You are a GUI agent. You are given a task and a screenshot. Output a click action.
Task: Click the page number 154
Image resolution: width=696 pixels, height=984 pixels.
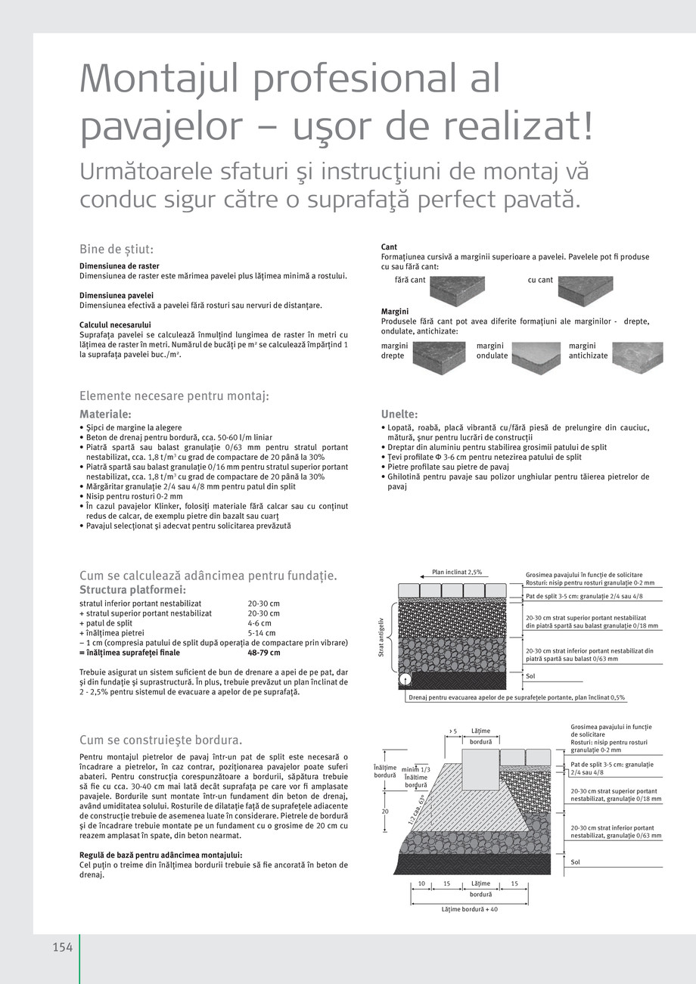[x=62, y=948]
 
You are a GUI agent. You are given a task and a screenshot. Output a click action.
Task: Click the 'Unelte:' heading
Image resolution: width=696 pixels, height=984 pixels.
[x=399, y=414]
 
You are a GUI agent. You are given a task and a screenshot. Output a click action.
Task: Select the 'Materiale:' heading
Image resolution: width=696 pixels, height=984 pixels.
[x=105, y=414]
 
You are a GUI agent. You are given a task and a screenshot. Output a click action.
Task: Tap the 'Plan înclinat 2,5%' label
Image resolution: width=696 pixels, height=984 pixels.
[x=457, y=572]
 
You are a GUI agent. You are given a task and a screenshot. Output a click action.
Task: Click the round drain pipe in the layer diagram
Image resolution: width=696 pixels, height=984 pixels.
[x=405, y=680]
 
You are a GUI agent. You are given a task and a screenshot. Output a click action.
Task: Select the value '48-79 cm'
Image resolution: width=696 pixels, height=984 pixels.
[x=263, y=653]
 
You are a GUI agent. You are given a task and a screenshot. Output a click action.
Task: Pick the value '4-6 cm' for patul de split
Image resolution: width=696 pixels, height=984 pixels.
[x=259, y=623]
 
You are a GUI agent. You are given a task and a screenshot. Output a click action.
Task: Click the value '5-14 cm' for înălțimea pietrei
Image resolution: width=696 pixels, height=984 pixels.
[x=262, y=633]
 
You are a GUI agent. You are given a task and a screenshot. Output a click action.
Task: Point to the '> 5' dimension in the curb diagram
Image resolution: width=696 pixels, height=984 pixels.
[x=452, y=731]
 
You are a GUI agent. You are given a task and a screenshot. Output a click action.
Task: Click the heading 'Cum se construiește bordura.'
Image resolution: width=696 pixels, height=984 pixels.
[x=160, y=740]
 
